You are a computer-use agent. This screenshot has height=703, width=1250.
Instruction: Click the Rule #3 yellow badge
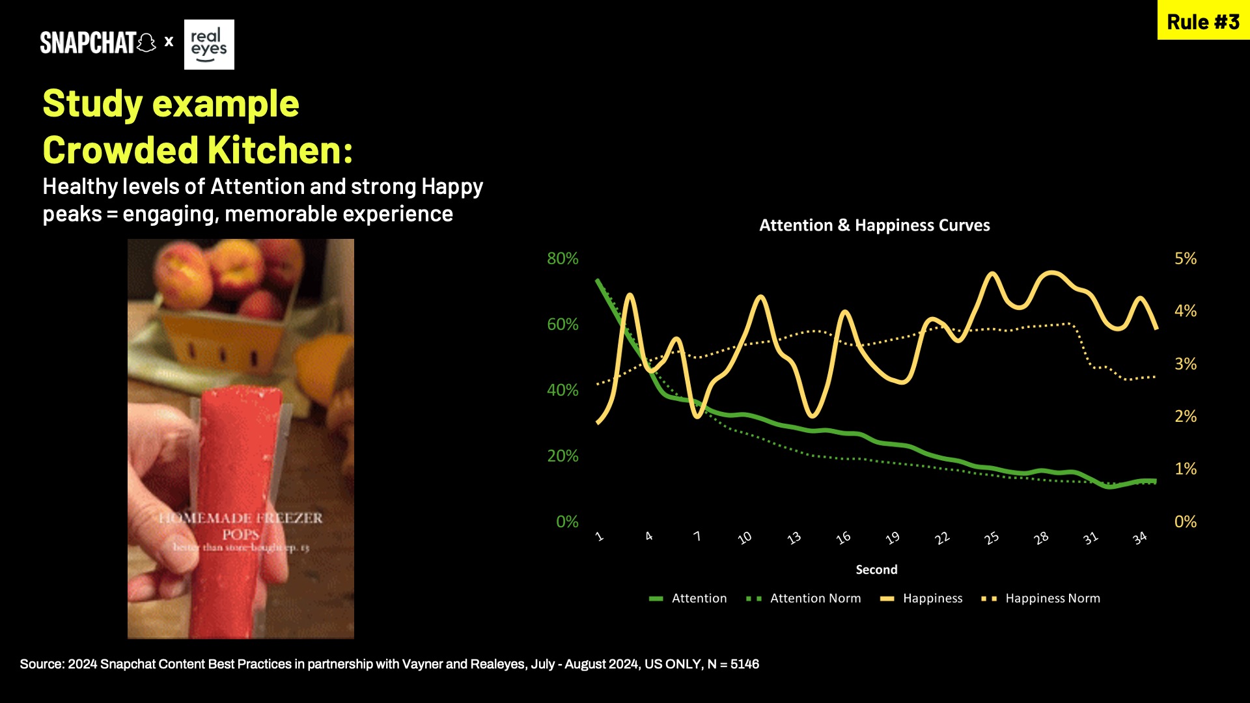click(1203, 21)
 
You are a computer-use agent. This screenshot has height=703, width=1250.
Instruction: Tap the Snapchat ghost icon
click(147, 43)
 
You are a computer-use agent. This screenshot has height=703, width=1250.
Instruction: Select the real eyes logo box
click(209, 44)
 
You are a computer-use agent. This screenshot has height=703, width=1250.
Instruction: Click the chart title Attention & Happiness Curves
click(874, 225)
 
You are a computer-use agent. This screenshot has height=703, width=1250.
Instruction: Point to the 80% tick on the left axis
click(562, 258)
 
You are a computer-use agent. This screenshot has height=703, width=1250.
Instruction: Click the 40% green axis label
click(562, 390)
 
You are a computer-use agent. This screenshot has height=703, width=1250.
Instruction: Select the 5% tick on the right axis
click(1185, 258)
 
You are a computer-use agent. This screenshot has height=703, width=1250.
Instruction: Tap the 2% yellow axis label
click(1185, 416)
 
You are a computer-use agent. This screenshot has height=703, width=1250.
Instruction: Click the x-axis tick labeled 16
click(843, 538)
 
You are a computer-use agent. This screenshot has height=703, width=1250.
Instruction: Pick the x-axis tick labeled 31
click(1090, 538)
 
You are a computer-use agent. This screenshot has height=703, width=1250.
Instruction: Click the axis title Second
click(876, 570)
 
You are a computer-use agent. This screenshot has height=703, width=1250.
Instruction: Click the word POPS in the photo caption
click(240, 534)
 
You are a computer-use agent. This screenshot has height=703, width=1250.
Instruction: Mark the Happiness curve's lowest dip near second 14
click(813, 415)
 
